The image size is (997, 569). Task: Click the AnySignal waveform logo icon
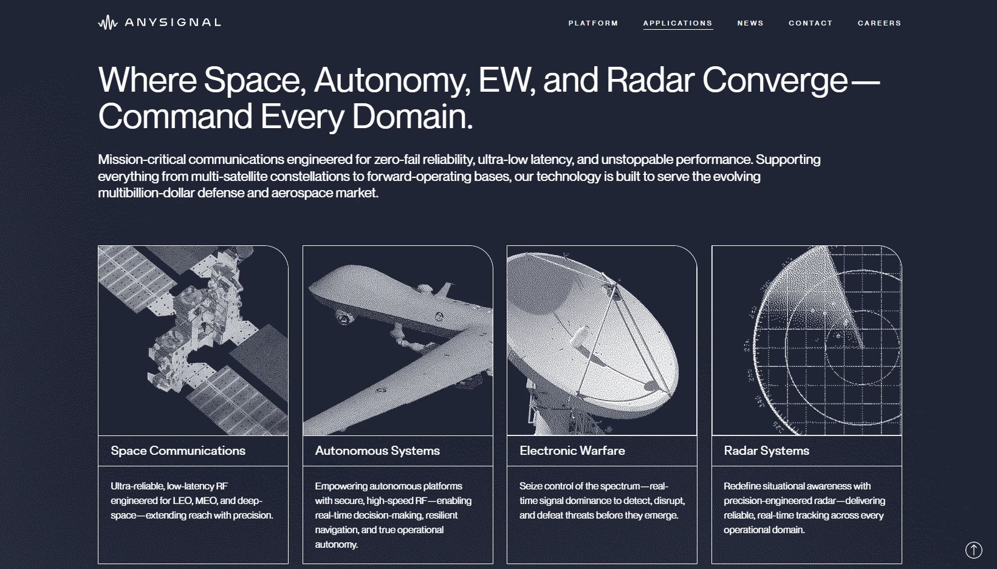click(108, 22)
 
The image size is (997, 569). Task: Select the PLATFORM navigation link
click(593, 23)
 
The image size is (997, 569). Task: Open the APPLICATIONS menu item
click(678, 23)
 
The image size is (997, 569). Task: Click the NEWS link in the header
click(750, 23)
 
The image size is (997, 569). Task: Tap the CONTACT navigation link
click(810, 23)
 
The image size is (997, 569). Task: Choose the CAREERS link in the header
click(880, 23)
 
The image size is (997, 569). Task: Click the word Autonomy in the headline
click(392, 81)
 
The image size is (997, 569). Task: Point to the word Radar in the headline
click(650, 80)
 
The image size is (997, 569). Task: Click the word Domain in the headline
click(412, 116)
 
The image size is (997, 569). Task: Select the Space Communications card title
click(178, 451)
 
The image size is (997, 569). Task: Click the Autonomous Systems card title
click(377, 451)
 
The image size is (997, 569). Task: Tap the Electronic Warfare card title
click(572, 451)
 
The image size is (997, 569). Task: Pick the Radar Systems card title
click(767, 451)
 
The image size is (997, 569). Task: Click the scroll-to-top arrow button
click(974, 550)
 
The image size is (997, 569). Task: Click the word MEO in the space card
click(206, 500)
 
